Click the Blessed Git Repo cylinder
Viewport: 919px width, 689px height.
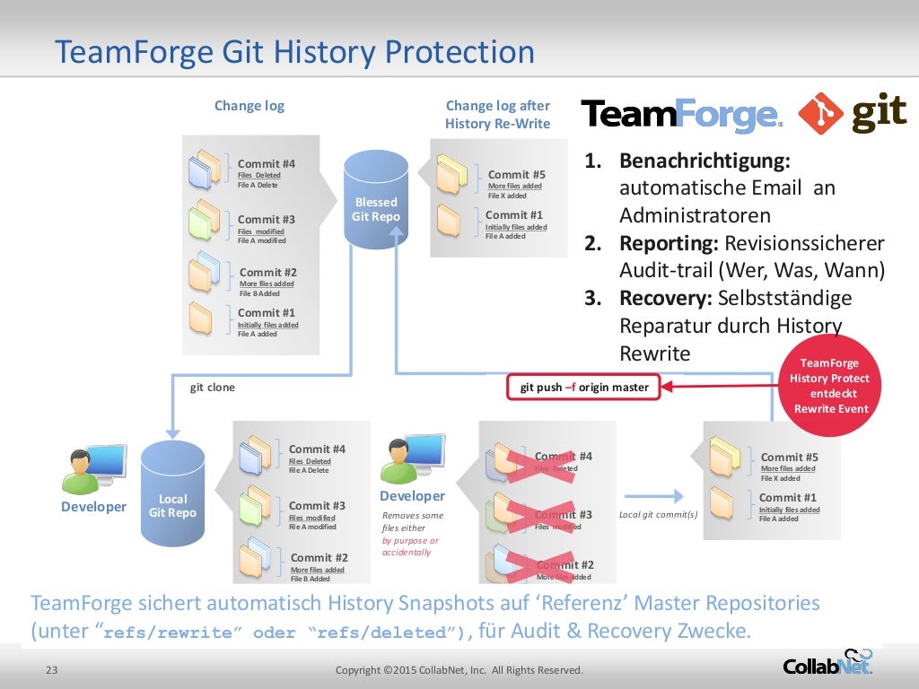[375, 202]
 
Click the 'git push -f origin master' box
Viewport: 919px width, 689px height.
[583, 388]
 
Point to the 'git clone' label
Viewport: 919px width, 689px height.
[212, 388]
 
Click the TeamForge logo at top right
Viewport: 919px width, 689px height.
[681, 116]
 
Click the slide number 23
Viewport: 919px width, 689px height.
[51, 670]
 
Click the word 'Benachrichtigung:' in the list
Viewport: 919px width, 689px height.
[705, 162]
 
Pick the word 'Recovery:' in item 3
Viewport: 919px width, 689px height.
[665, 298]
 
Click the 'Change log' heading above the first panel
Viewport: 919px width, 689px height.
[249, 106]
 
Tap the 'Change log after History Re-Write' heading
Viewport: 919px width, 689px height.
[497, 115]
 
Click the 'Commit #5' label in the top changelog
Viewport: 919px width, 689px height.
[516, 175]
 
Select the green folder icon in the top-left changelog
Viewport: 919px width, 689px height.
[205, 220]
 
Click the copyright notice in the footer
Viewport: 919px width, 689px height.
[459, 670]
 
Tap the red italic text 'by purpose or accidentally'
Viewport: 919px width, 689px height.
[410, 546]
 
